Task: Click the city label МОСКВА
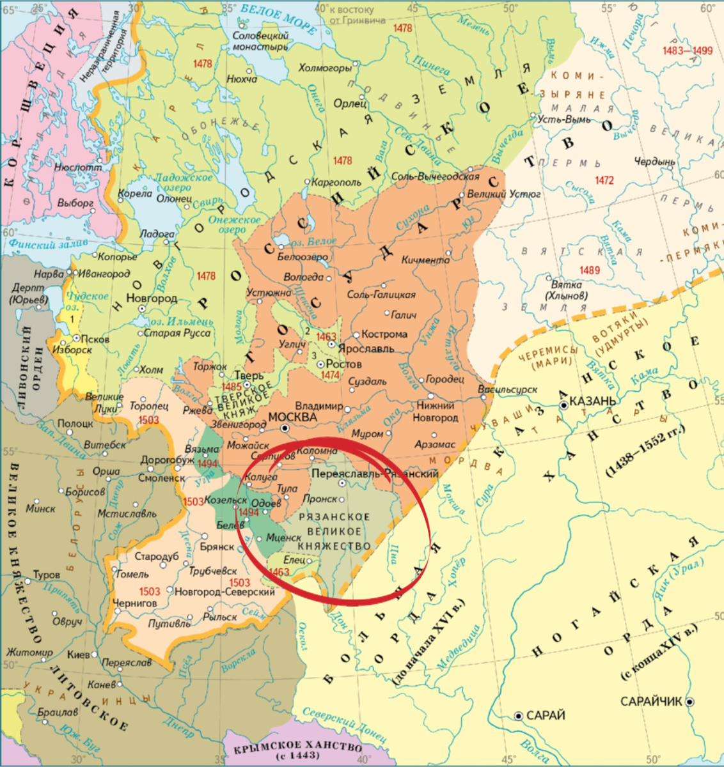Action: pos(292,417)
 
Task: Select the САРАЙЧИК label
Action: pos(651,702)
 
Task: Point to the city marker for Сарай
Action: pos(519,716)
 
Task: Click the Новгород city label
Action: pos(152,298)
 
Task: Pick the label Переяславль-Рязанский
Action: pos(374,474)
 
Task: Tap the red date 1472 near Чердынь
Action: pos(604,181)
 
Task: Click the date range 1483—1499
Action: pos(688,51)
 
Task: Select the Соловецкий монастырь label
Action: pos(260,42)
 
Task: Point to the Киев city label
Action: pos(79,655)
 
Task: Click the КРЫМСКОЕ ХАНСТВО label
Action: pos(298,749)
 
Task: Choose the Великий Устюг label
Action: pos(504,194)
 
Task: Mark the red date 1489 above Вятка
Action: pos(589,270)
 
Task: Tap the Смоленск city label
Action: pos(161,478)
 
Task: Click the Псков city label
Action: pos(95,339)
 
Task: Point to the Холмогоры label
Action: pos(326,68)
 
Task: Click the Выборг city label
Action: pos(75,203)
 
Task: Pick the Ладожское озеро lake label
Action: pos(182,182)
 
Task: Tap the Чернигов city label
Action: pos(134,603)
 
